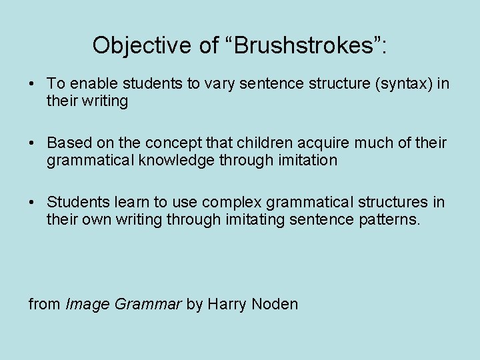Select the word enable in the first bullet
(90, 84)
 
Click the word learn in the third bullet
(123, 203)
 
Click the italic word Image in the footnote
(88, 305)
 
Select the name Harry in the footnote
(227, 305)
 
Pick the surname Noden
(275, 305)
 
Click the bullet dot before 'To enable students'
(32, 85)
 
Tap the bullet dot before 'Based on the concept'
(32, 144)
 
